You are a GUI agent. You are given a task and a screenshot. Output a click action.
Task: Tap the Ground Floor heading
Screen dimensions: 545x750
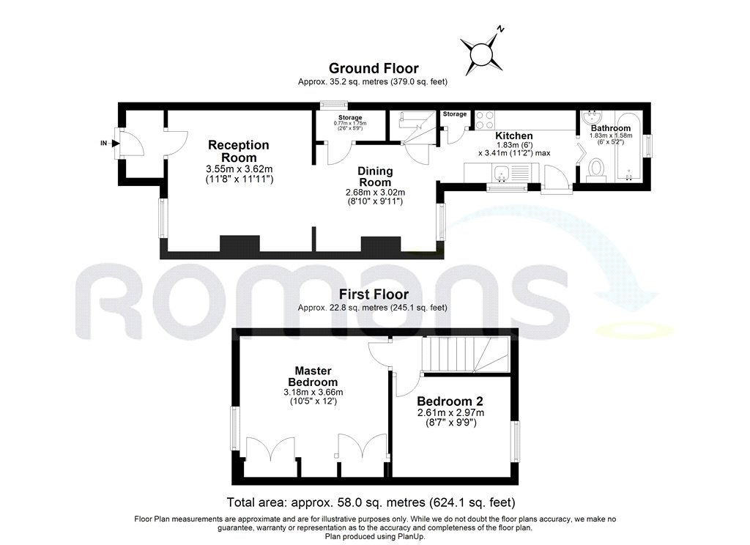click(374, 69)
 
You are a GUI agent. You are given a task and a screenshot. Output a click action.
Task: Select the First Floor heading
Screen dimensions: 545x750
click(374, 295)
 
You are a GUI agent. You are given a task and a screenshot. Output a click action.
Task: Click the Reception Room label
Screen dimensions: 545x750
click(238, 152)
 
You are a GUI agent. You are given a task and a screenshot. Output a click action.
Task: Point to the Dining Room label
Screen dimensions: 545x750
click(375, 177)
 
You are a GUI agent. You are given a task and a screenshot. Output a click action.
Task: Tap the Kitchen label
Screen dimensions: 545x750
click(514, 136)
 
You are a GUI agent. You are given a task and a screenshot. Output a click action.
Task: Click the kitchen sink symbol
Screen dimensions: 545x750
click(502, 174)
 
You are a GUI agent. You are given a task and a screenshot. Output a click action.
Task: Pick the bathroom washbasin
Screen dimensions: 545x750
click(591, 119)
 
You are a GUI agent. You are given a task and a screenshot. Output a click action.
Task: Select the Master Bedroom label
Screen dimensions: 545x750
click(312, 377)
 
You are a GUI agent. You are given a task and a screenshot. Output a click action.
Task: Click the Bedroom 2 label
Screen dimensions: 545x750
click(450, 401)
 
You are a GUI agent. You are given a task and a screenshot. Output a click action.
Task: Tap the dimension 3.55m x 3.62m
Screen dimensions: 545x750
click(239, 169)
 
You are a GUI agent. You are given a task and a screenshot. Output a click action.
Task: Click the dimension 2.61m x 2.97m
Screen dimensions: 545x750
click(450, 413)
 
